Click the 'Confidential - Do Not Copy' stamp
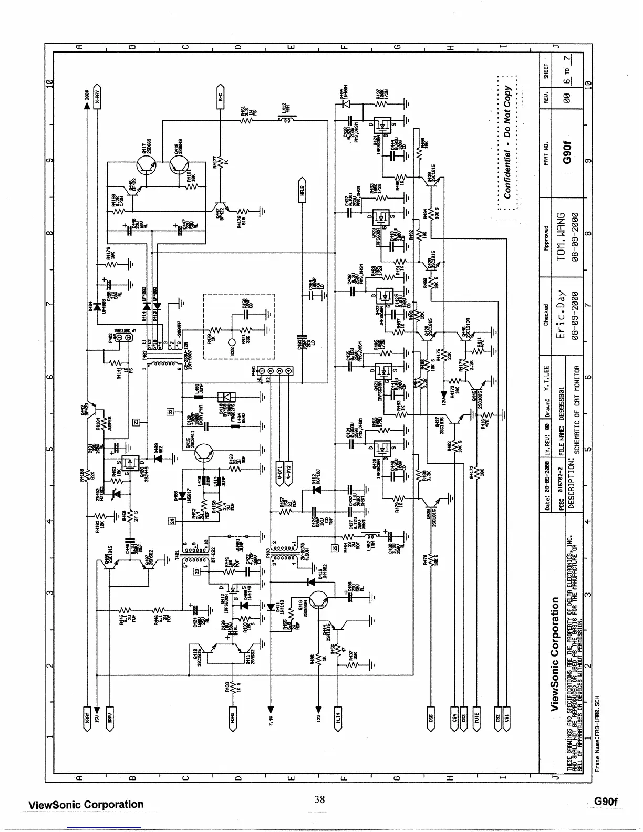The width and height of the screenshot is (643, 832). tap(507, 142)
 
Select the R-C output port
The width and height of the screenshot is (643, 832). tap(221, 95)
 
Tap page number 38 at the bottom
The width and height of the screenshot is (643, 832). tap(319, 800)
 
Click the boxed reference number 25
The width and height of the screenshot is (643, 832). tap(334, 547)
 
